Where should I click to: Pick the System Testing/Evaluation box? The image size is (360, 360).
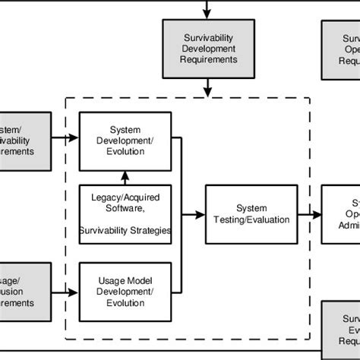click(251, 214)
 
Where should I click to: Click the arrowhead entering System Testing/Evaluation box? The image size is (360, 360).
click(202, 214)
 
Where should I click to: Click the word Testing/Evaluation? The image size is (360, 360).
click(251, 220)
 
